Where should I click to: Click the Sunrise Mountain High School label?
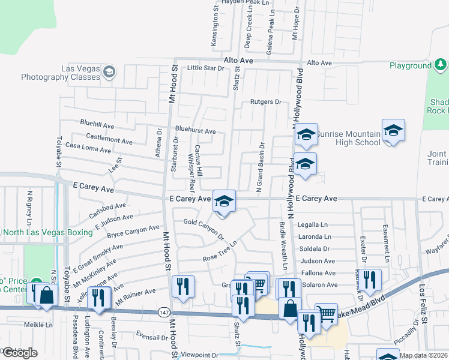pyautogui.click(x=348, y=138)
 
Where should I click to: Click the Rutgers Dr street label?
pyautogui.click(x=266, y=102)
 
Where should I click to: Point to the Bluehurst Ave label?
pyautogui.click(x=195, y=131)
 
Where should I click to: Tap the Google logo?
pyautogui.click(x=19, y=353)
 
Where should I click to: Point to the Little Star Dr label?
pyautogui.click(x=205, y=68)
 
